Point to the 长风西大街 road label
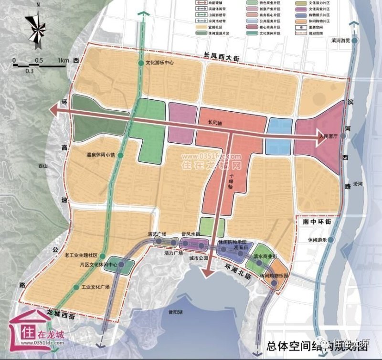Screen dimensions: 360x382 click(x=220, y=56)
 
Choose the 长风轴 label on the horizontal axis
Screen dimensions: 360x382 click(x=216, y=122)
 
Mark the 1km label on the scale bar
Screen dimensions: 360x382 click(x=63, y=61)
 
